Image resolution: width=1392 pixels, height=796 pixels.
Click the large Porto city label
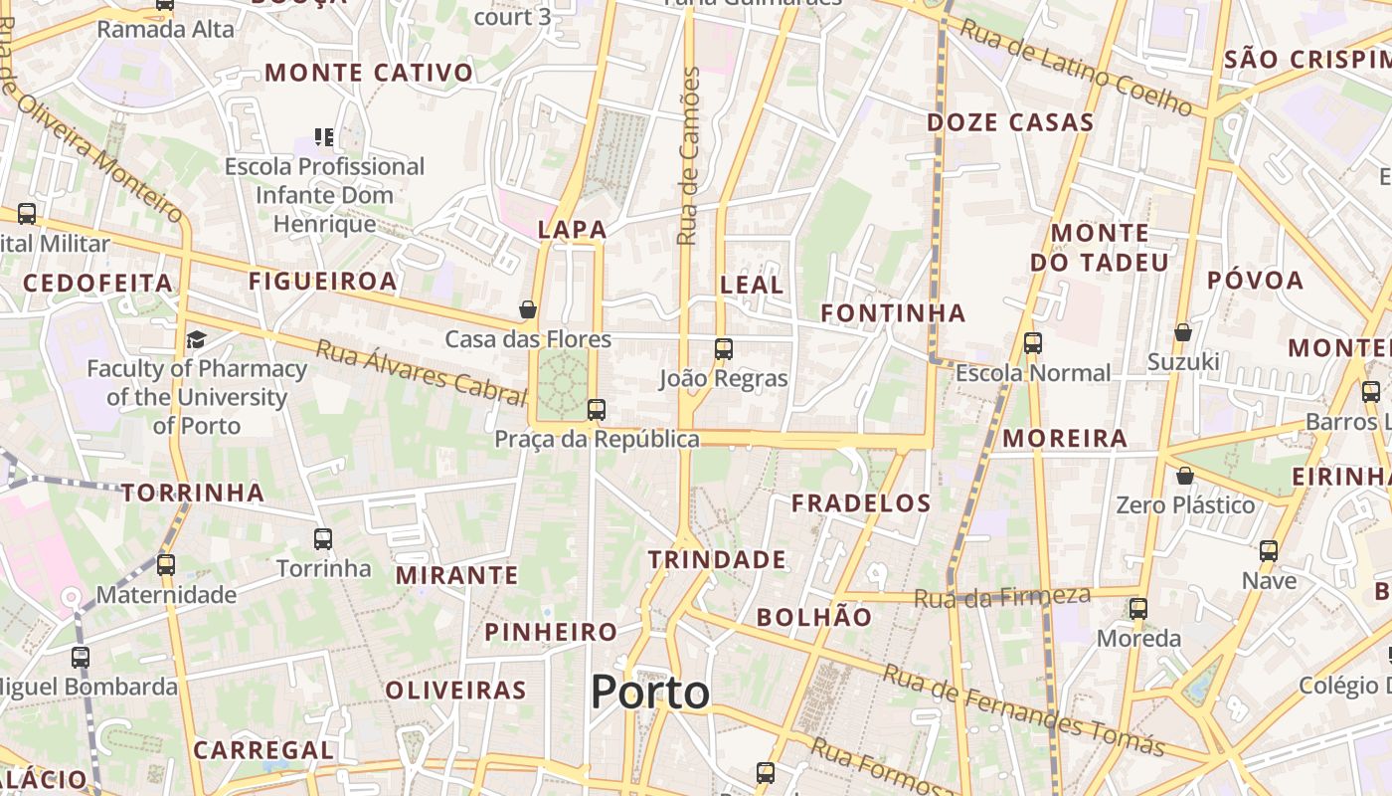point(650,692)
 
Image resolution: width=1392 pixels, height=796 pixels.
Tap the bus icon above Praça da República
point(596,409)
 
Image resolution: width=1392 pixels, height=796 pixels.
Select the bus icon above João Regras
point(723,348)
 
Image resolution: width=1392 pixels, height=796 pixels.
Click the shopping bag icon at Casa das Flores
point(528,309)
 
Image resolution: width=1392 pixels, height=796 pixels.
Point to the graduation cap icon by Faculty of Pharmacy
point(196,340)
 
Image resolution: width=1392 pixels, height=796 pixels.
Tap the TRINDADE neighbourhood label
point(717,559)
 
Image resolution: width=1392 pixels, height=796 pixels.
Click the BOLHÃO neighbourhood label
point(814,617)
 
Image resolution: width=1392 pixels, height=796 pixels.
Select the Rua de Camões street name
point(688,156)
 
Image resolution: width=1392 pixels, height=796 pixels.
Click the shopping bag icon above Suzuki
point(1182,331)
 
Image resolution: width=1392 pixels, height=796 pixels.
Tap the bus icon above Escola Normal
point(1032,343)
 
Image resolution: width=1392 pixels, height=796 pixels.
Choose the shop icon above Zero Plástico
point(1184,476)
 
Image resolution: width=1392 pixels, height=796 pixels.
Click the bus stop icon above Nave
point(1268,550)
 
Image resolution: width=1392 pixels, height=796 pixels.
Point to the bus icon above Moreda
point(1137,608)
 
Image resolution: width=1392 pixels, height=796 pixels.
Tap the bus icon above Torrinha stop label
point(322,539)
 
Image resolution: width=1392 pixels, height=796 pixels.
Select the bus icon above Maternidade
point(165,565)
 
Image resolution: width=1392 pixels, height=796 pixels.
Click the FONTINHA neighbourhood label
point(893,313)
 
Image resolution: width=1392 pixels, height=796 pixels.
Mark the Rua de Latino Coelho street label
point(1075,67)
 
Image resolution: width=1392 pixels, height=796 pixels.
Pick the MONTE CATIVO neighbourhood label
point(369,73)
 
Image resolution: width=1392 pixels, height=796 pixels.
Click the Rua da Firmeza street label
point(1002,597)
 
